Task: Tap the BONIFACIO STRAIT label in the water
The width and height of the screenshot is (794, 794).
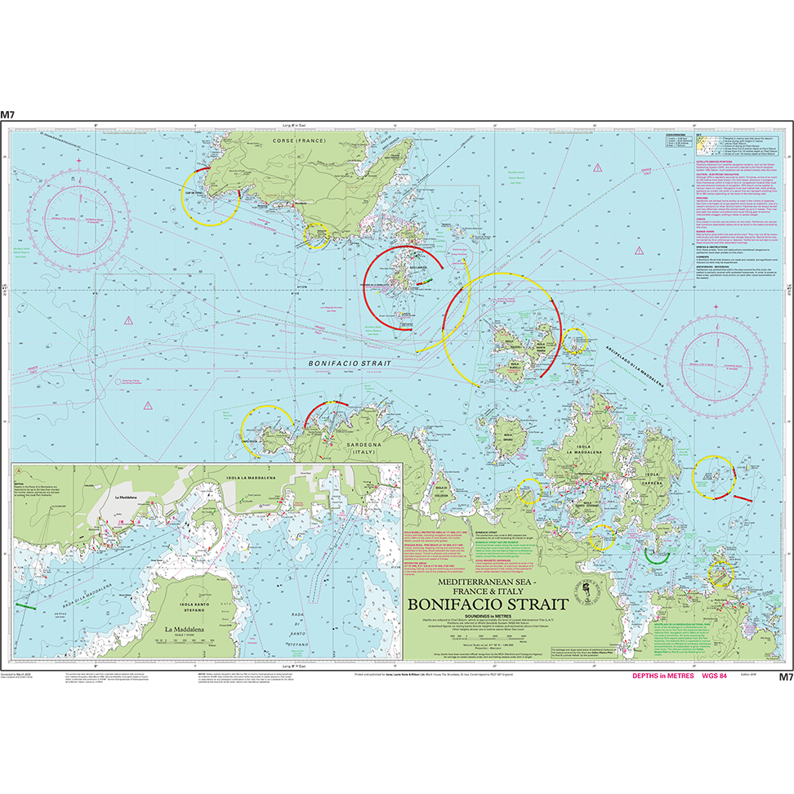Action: click(349, 363)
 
